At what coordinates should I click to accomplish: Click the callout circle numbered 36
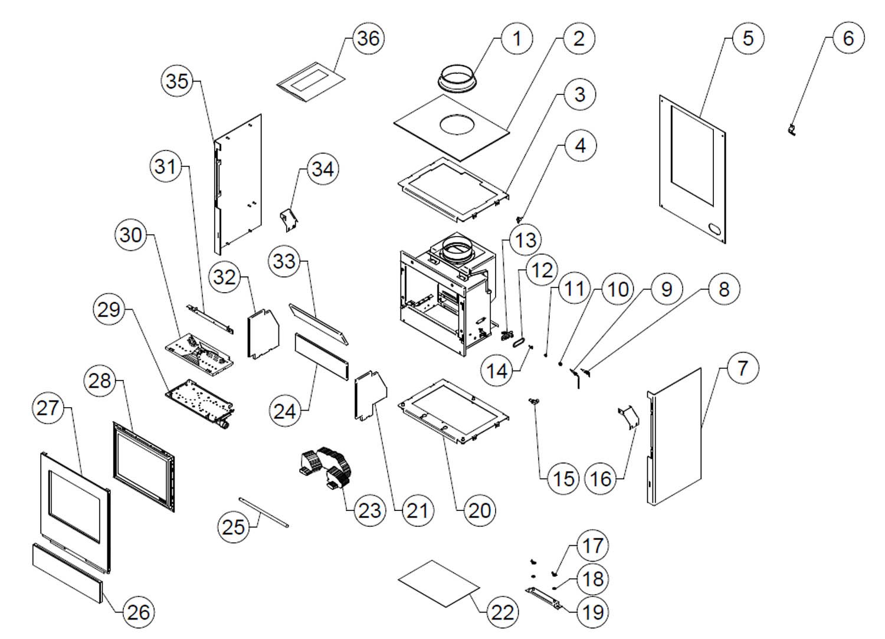(369, 38)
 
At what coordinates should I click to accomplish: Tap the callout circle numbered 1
(517, 39)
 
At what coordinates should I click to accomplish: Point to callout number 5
(748, 38)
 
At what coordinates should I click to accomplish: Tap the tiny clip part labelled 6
(792, 130)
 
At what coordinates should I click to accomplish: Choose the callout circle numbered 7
(742, 368)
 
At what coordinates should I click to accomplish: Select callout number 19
(592, 612)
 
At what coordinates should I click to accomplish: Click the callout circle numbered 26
(139, 612)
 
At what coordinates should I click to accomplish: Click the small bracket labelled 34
(289, 219)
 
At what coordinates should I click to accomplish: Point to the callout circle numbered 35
(177, 81)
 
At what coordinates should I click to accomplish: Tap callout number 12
(541, 270)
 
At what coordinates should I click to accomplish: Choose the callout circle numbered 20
(478, 510)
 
